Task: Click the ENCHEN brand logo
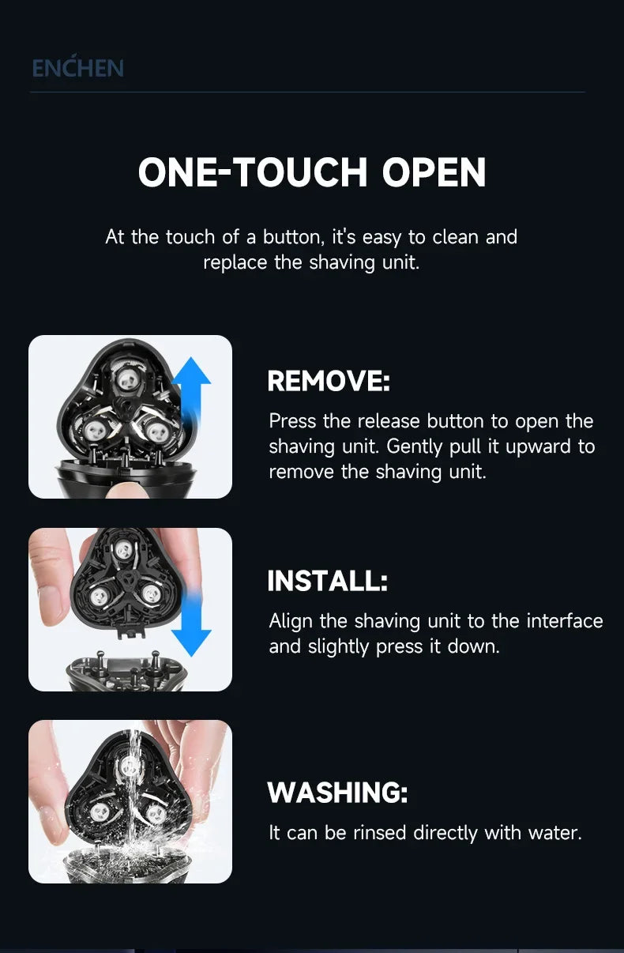point(77,67)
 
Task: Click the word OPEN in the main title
point(434,172)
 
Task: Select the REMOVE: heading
point(329,381)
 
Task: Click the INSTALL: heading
point(328,582)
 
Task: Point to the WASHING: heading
point(337,792)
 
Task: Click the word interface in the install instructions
point(564,621)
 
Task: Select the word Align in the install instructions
point(291,621)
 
